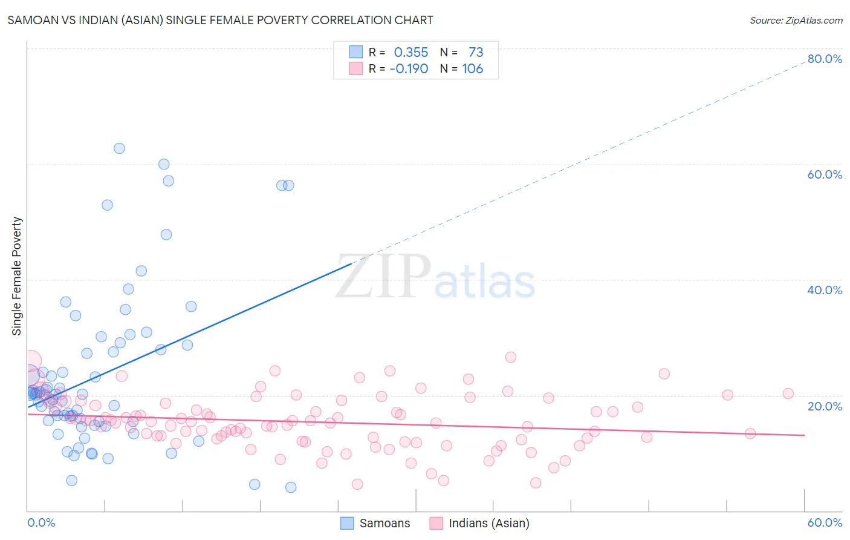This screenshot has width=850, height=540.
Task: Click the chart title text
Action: coord(220,20)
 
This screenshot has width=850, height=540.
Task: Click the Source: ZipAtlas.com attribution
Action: coord(796,20)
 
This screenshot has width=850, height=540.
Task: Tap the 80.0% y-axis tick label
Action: coord(825,59)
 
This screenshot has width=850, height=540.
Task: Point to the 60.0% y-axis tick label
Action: coord(825,174)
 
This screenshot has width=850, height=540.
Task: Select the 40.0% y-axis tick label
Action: coord(825,290)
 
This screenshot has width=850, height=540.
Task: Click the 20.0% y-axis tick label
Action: coord(825,406)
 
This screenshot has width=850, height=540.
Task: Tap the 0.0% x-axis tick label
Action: coord(41,522)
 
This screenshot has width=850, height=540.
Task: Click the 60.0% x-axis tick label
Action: coord(825,522)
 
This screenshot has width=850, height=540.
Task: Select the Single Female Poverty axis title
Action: coord(17,276)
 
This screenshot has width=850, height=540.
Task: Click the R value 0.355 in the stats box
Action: coord(410,53)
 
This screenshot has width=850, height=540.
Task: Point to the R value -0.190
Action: coord(409,69)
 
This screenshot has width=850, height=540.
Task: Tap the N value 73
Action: coord(476,53)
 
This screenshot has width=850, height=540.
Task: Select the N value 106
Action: coord(473,69)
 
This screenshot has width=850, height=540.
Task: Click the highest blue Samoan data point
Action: coord(119,148)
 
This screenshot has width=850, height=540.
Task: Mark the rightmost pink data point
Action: coord(788,393)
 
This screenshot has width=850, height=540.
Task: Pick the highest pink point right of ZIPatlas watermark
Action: coord(510,357)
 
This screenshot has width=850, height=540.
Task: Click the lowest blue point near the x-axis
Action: coord(291,487)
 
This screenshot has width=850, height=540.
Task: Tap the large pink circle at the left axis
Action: coord(30,361)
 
